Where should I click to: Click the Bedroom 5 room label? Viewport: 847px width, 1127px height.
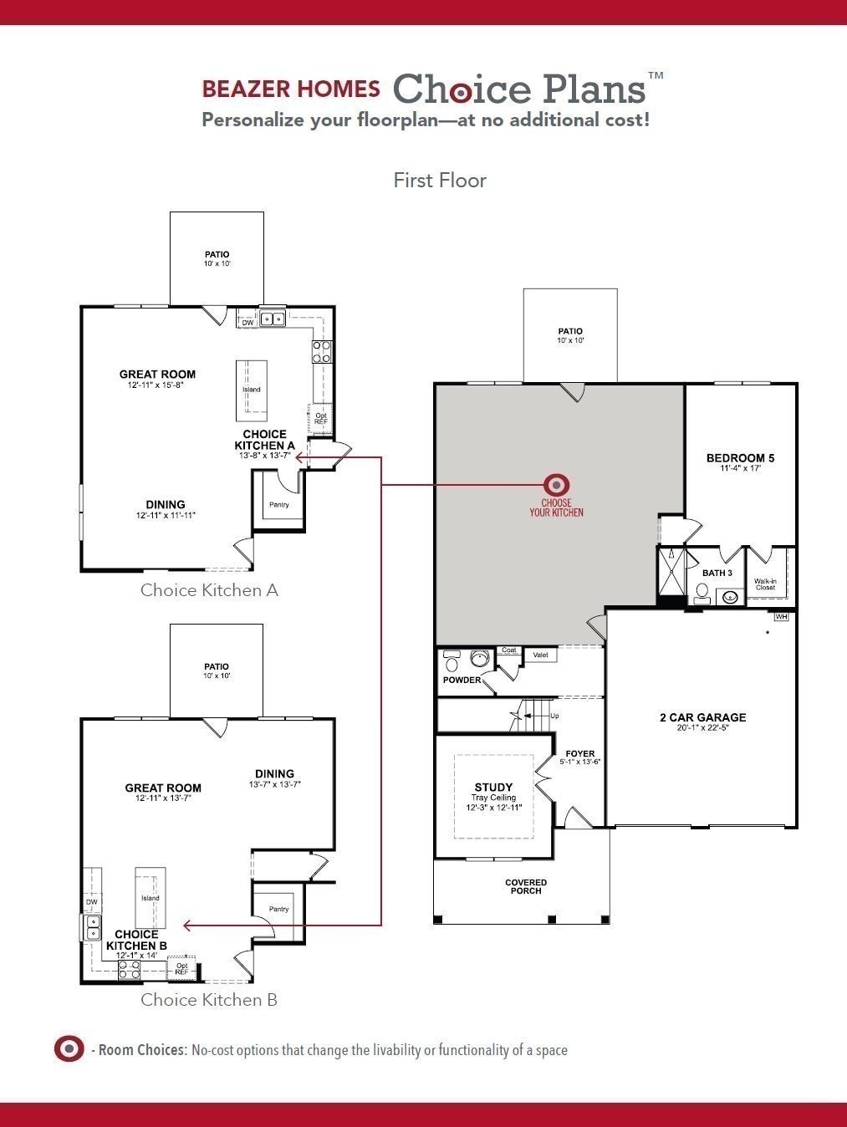tap(740, 458)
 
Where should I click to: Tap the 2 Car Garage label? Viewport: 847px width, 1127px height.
tap(702, 717)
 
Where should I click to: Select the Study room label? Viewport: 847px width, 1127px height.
tap(493, 788)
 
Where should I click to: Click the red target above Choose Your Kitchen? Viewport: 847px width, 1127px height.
tap(556, 484)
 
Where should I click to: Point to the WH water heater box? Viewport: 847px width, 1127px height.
tap(782, 617)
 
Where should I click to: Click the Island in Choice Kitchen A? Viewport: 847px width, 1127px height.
tap(252, 390)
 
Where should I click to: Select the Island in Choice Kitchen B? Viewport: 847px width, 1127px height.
tap(150, 898)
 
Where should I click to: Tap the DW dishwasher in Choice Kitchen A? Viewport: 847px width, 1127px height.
tap(247, 322)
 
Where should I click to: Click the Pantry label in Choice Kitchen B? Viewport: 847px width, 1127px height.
tap(278, 909)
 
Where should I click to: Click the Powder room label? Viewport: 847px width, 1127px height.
tap(462, 680)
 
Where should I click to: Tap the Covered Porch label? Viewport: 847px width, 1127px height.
tap(526, 886)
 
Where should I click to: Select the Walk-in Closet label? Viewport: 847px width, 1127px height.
tap(765, 584)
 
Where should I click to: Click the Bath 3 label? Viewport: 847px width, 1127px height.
tap(717, 573)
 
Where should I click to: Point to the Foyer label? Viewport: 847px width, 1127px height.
tap(580, 754)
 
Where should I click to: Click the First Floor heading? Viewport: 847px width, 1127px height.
tap(440, 180)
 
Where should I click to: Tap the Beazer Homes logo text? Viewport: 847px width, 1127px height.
tap(291, 89)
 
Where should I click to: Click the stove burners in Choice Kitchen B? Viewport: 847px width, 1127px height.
tap(129, 969)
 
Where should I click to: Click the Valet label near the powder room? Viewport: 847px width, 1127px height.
tap(540, 655)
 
